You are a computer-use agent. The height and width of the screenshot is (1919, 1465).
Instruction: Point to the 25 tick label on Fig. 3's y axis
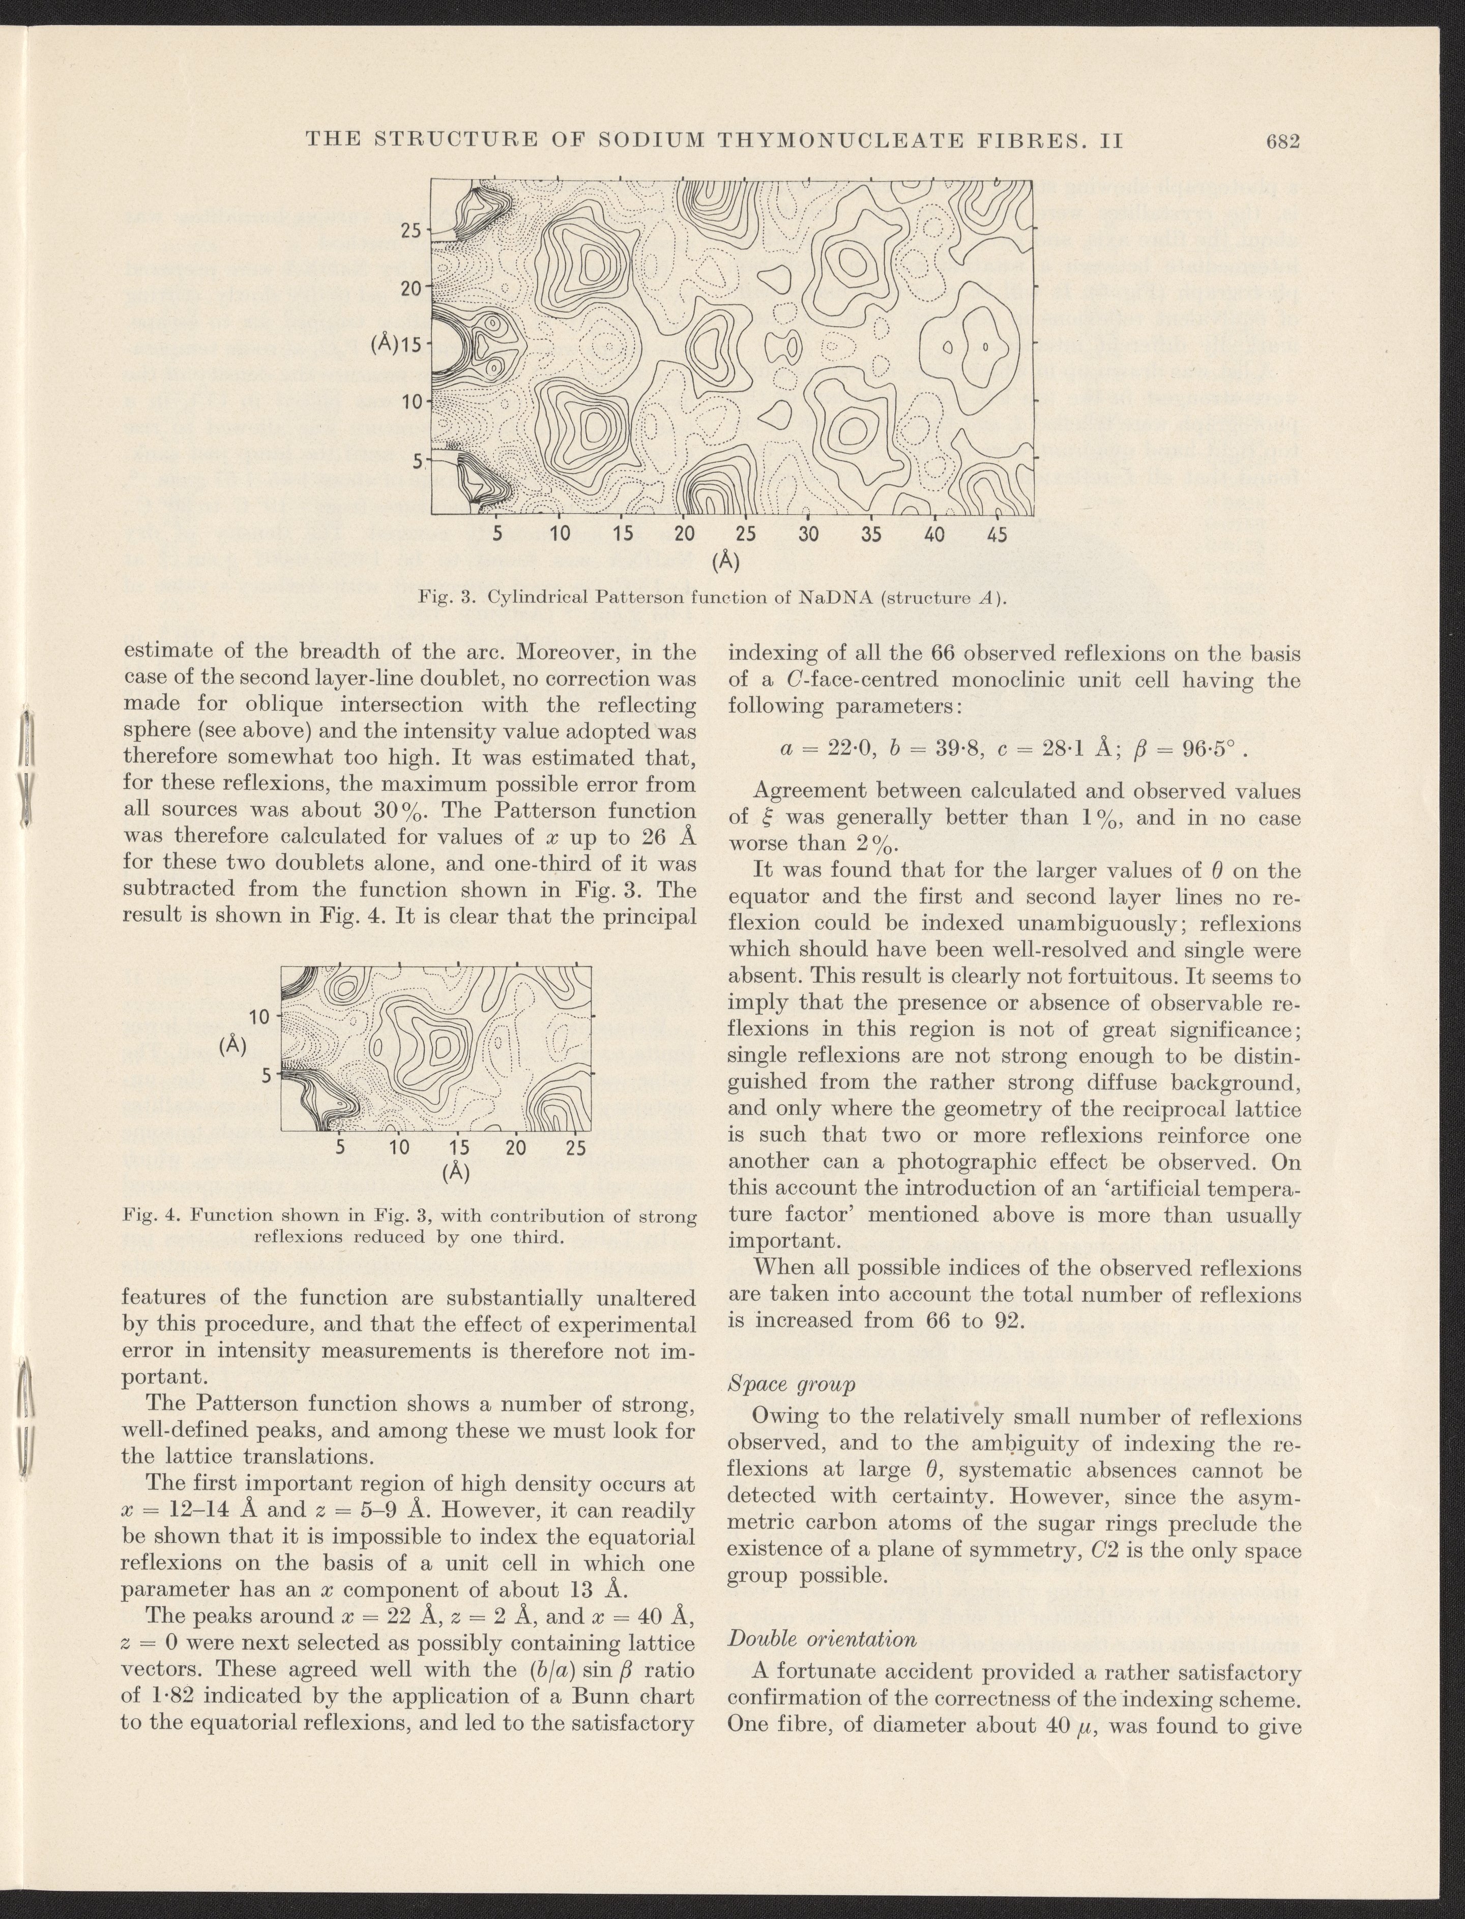pyautogui.click(x=411, y=230)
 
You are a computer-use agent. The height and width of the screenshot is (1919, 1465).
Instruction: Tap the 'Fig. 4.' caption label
pyautogui.click(x=146, y=1216)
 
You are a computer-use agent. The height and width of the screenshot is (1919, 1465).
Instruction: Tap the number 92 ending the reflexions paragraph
pyautogui.click(x=1008, y=1320)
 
